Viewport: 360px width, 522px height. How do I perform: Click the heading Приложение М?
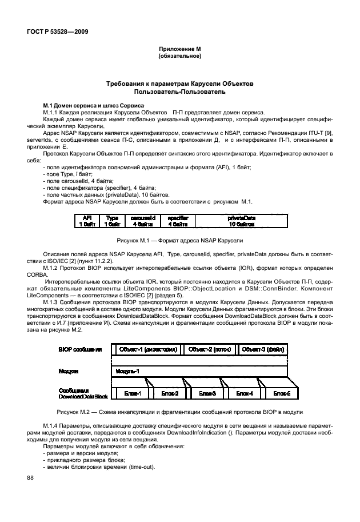tap(180, 50)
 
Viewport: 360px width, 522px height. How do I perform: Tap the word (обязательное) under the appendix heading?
tap(180, 56)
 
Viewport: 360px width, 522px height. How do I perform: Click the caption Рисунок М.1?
tap(180, 241)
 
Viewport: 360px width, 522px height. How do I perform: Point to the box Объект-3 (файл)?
tap(263, 349)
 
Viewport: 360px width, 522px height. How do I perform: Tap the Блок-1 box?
tap(137, 393)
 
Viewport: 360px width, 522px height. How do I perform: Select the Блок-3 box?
tap(207, 393)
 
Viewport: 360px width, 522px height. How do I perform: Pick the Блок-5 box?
tap(281, 393)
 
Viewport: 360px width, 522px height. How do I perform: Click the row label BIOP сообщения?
tap(80, 349)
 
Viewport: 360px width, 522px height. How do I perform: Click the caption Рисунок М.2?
tap(180, 412)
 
